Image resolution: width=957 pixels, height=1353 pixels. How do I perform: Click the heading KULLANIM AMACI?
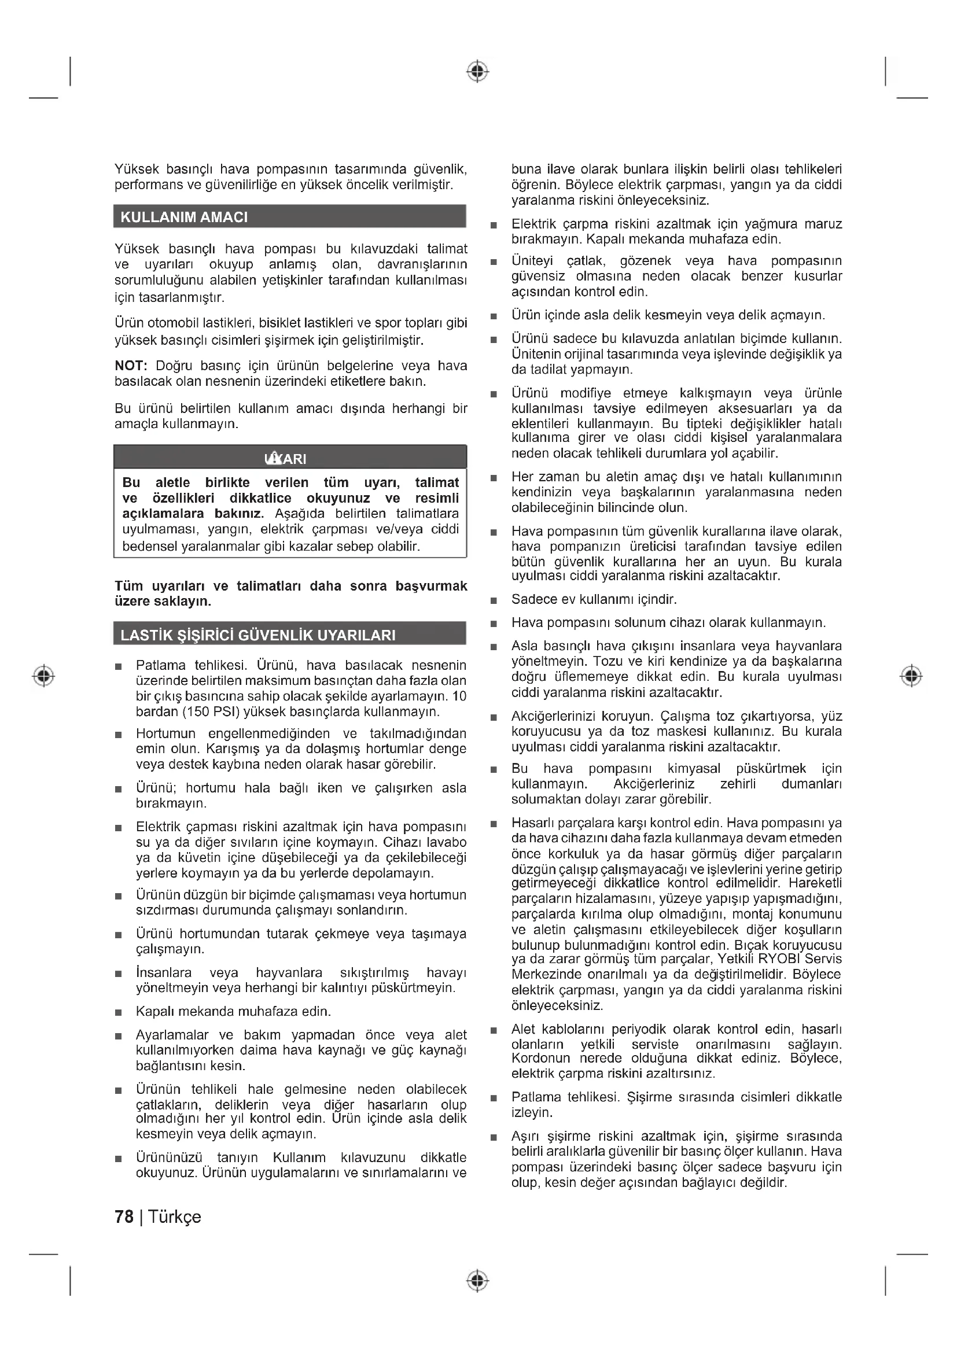pyautogui.click(x=184, y=217)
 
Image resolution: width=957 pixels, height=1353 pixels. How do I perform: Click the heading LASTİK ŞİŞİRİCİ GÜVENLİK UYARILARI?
pyautogui.click(x=257, y=635)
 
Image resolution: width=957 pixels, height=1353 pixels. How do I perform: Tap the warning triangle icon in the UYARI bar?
pyautogui.click(x=274, y=458)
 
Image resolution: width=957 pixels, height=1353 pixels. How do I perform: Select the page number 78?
pyautogui.click(x=124, y=1217)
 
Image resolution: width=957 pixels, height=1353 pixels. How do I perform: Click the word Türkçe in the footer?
pyautogui.click(x=174, y=1217)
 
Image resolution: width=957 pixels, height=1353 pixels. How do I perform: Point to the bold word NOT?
pyautogui.click(x=131, y=366)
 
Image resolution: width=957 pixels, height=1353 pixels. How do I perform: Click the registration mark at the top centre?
pyautogui.click(x=478, y=71)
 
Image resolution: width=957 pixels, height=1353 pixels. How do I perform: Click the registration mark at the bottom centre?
pyautogui.click(x=478, y=1281)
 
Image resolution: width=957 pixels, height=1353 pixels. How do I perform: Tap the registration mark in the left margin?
pyautogui.click(x=43, y=675)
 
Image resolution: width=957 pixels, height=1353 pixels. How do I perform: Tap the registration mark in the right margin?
pyautogui.click(x=912, y=675)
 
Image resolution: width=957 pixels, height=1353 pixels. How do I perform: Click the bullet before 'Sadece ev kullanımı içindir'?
pyautogui.click(x=494, y=600)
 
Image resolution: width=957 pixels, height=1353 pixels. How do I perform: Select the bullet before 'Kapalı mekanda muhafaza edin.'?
pyautogui.click(x=119, y=1012)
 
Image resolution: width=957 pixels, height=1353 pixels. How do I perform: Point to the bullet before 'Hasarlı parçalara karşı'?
pyautogui.click(x=494, y=824)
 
